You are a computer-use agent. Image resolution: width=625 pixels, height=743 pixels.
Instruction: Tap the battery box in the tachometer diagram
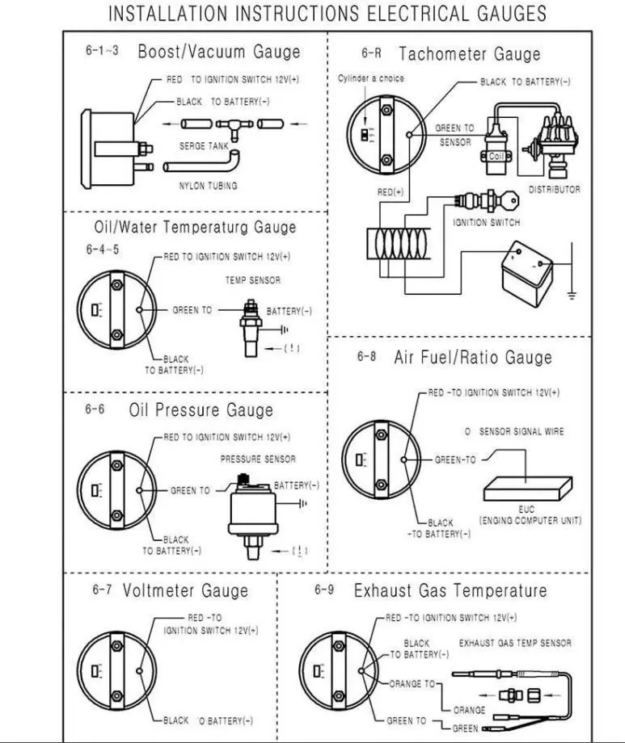click(x=527, y=274)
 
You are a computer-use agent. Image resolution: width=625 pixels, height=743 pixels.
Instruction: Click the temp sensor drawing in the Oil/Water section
click(x=251, y=327)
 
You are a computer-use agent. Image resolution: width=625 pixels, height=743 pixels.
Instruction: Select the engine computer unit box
click(x=527, y=489)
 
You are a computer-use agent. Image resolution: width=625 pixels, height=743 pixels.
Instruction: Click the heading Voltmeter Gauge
click(x=185, y=590)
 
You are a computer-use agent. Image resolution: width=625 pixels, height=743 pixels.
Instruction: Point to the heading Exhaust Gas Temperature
click(x=450, y=590)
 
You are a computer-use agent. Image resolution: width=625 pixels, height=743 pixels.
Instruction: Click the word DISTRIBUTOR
click(x=555, y=190)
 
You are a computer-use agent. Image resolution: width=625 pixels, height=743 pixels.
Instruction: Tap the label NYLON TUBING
click(x=208, y=186)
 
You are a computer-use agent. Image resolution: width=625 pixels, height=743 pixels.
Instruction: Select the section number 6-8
click(x=366, y=356)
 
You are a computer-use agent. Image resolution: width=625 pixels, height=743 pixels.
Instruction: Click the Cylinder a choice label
click(x=370, y=78)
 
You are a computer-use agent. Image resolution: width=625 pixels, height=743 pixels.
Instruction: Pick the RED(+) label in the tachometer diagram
click(x=390, y=192)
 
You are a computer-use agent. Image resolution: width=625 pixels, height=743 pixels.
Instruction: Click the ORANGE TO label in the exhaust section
click(x=412, y=684)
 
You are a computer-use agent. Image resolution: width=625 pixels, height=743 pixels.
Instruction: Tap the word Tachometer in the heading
click(x=443, y=53)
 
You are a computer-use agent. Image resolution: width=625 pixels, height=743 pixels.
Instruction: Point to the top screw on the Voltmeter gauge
click(x=116, y=646)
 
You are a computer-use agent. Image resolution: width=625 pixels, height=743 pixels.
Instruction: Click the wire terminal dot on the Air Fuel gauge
click(x=403, y=460)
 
